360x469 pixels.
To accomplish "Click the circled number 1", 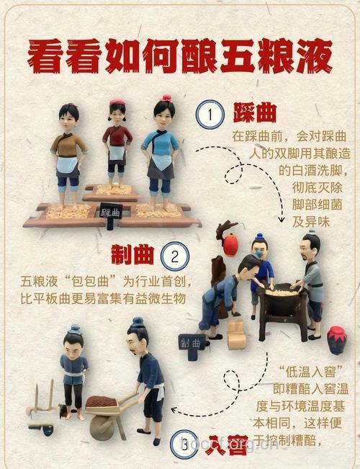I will pyautogui.click(x=209, y=115).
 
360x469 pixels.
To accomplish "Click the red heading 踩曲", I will pyautogui.click(x=255, y=114).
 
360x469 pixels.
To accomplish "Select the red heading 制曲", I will pyautogui.click(x=134, y=254).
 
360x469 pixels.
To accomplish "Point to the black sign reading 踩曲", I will pyautogui.click(x=110, y=213).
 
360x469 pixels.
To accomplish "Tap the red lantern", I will pyautogui.click(x=230, y=245).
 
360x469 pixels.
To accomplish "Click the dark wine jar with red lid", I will pyautogui.click(x=336, y=339).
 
